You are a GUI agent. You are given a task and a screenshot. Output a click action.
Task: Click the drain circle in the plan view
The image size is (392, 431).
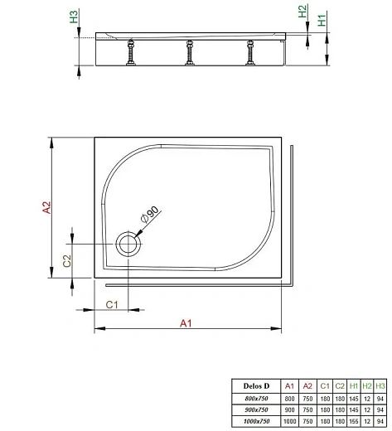(128, 243)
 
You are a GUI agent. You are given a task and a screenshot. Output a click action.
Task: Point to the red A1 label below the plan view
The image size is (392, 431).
(186, 322)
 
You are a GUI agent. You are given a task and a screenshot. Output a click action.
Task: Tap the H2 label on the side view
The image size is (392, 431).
(302, 12)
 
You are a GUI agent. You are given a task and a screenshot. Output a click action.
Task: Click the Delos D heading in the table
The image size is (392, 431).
(256, 386)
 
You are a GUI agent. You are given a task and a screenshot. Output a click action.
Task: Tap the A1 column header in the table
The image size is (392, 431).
(289, 386)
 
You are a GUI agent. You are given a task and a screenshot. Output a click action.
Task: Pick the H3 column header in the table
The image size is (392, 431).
(380, 386)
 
